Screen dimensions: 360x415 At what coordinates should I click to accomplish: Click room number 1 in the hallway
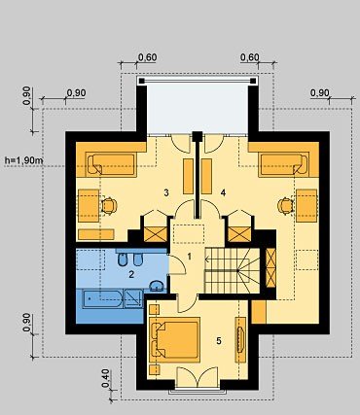pos(190,257)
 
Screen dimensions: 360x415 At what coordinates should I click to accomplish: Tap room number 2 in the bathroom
pos(131,275)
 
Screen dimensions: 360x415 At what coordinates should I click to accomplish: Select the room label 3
pos(166,193)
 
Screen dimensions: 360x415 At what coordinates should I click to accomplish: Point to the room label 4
pos(223,193)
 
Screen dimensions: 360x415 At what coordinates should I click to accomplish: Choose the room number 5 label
pos(219,341)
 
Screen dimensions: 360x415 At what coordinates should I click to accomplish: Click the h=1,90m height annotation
pos(24,160)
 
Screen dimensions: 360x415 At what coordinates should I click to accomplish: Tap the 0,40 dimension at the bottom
pos(105,378)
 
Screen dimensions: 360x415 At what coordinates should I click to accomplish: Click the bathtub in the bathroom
pos(102,298)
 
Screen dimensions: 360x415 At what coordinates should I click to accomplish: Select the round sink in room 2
pos(157,286)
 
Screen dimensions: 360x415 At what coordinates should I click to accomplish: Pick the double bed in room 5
pos(174,340)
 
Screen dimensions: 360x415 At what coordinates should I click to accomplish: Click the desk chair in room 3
pos(109,206)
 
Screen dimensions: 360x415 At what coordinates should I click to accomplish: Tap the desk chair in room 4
pos(285,206)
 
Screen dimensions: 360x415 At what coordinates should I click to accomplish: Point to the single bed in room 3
pos(111,164)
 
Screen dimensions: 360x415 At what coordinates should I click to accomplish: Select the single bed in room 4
pos(284,164)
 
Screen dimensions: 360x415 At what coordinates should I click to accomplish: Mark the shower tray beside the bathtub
pos(133,298)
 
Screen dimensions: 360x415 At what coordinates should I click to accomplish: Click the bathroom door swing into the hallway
pos(177,264)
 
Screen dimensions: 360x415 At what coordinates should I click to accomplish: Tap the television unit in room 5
pos(240,339)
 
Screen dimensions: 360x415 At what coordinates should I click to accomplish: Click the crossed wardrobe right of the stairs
pos(270,268)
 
